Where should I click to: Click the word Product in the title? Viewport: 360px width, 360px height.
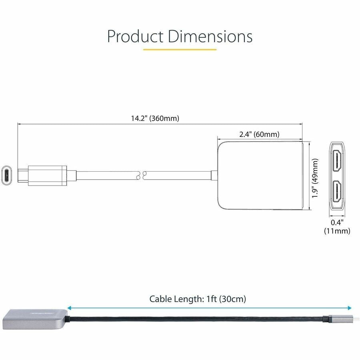click(135, 36)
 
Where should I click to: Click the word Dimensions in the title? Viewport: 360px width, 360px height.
click(210, 36)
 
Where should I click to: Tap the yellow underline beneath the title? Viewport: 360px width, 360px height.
click(180, 49)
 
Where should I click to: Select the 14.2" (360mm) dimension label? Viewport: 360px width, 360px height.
click(155, 118)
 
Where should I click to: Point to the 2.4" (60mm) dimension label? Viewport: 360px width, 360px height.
click(259, 134)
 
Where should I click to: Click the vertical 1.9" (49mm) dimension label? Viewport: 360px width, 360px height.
click(315, 178)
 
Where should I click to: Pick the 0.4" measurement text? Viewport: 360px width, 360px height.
click(337, 222)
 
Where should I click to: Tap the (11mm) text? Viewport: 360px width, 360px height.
click(337, 231)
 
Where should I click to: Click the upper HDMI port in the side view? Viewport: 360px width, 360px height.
click(337, 160)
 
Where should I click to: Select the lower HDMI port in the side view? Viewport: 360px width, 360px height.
click(337, 192)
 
